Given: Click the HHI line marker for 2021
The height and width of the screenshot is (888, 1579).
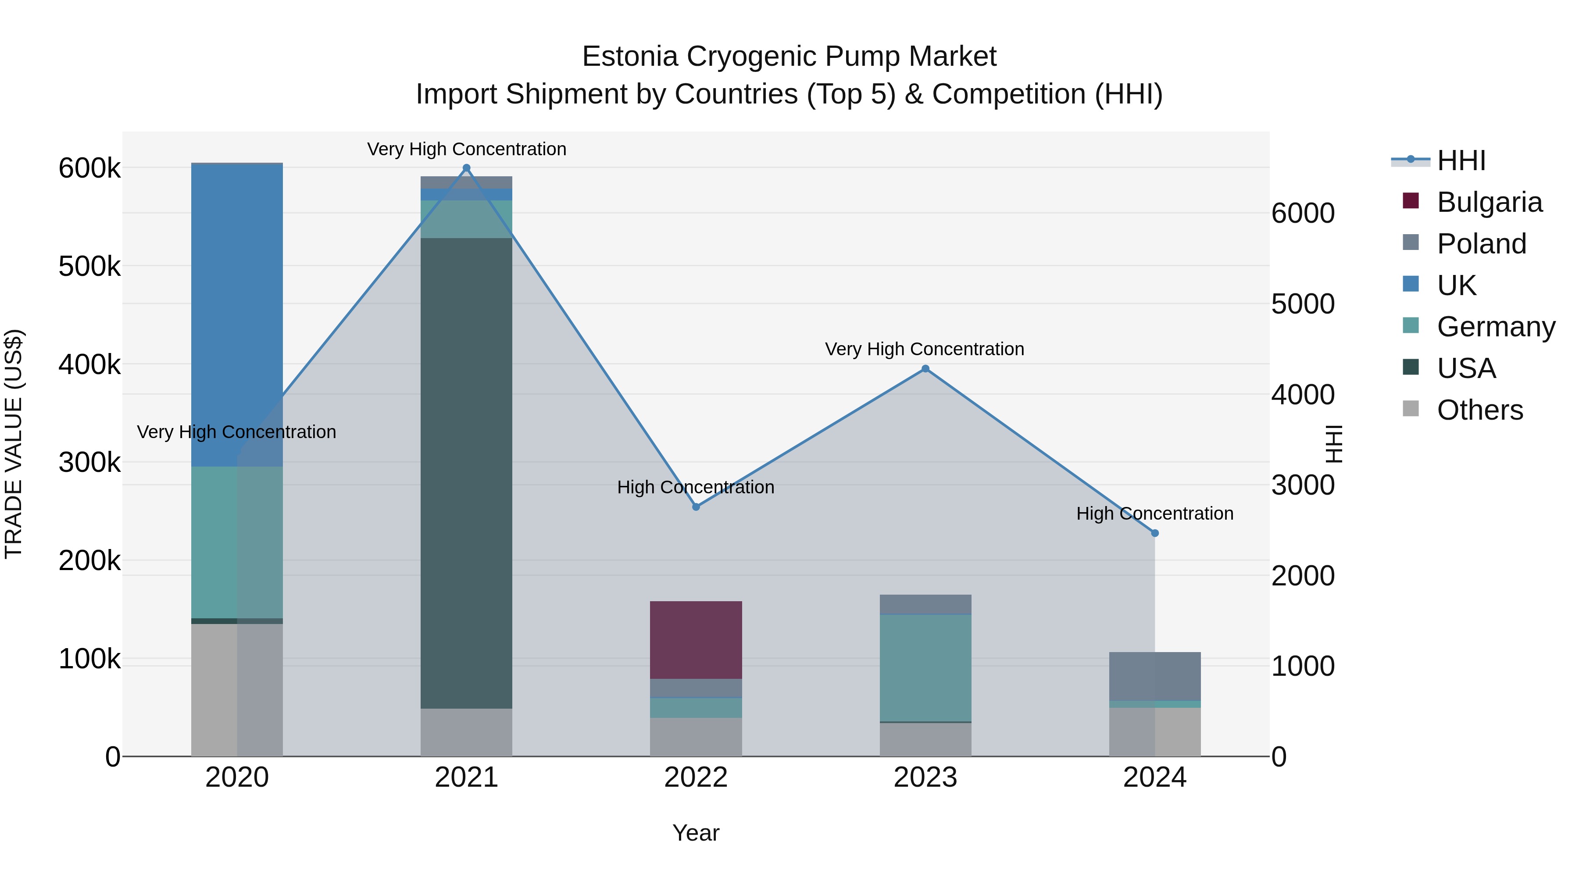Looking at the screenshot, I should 467,168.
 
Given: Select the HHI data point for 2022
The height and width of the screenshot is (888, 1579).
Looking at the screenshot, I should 696,507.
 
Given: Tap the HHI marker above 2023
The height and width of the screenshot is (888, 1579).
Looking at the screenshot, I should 925,369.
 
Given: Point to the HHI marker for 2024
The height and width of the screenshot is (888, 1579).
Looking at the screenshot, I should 1155,533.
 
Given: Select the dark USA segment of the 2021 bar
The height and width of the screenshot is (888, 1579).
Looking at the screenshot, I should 467,472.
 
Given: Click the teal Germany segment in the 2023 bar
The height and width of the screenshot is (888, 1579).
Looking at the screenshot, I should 925,668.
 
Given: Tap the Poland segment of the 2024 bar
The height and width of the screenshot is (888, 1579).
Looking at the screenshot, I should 1155,676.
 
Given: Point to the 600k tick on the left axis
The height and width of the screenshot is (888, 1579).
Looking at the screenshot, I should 89,168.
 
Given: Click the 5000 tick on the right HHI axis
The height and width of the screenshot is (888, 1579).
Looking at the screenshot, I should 1303,304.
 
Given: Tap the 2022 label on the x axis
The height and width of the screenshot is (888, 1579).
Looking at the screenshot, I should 696,777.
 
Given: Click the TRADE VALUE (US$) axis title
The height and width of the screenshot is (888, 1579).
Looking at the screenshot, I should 14,444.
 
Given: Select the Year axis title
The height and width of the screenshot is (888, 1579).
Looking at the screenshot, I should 696,833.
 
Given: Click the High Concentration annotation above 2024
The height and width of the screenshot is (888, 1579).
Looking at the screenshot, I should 1155,514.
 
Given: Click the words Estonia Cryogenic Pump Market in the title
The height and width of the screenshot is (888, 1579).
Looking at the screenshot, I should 789,57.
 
